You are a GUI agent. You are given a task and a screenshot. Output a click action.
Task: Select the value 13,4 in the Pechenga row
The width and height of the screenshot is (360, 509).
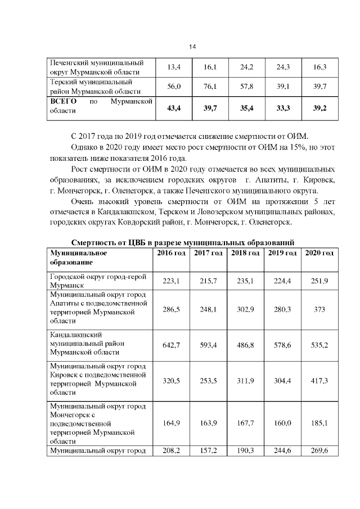pos(174,67)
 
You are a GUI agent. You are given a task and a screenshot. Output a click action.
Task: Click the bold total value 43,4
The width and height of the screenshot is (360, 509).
pos(174,108)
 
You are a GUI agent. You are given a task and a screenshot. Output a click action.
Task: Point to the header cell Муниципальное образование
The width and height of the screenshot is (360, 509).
pos(79,258)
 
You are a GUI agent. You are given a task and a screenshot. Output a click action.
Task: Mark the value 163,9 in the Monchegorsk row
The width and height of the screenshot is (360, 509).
pos(208,422)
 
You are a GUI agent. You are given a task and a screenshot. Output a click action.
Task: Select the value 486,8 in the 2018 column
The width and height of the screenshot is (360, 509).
pos(245,345)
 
